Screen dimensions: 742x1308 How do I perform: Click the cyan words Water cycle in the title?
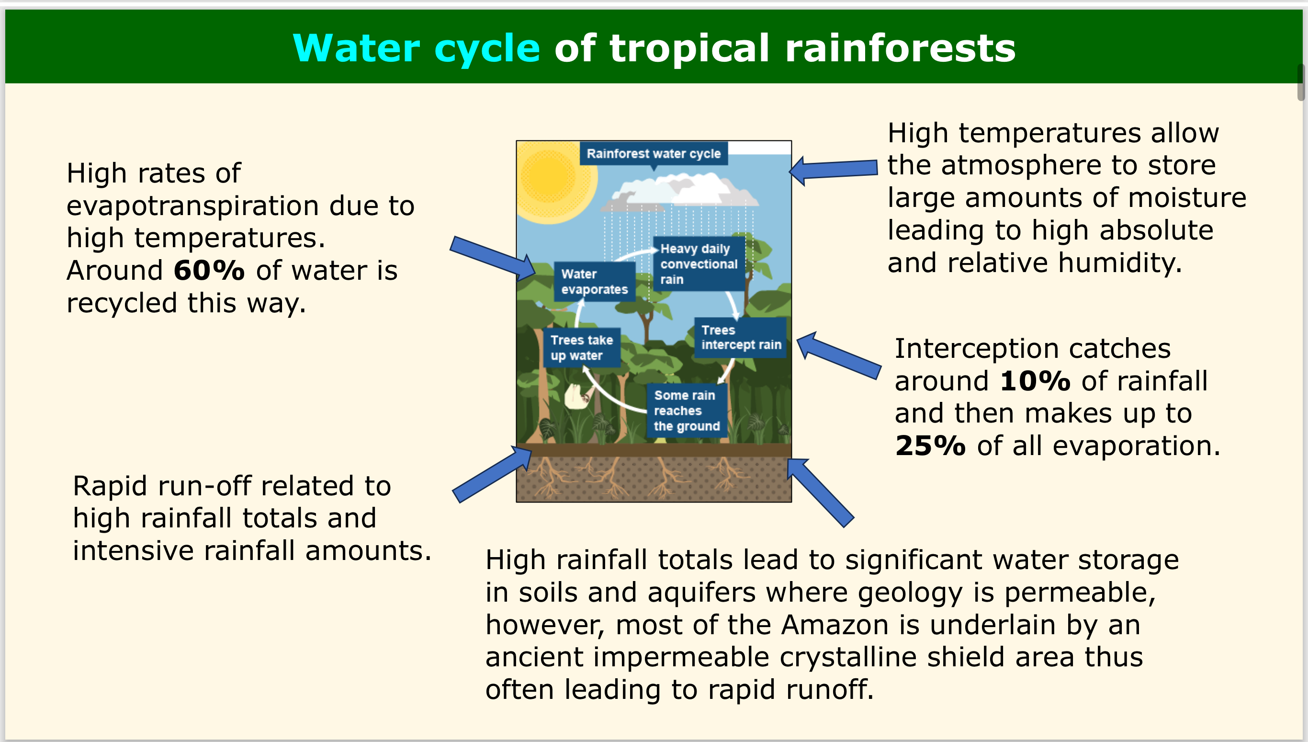pyautogui.click(x=416, y=48)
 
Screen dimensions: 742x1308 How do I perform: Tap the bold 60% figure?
pyautogui.click(x=209, y=270)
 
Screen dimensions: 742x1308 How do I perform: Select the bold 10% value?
pyautogui.click(x=1035, y=381)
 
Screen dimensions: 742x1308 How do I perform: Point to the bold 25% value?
pyautogui.click(x=930, y=446)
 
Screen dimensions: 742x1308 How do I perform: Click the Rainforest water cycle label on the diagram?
pyautogui.click(x=654, y=153)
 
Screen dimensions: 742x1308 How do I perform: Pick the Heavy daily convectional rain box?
pyautogui.click(x=699, y=264)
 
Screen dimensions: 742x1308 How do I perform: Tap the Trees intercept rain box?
pyautogui.click(x=741, y=337)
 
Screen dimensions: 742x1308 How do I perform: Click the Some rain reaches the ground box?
pyautogui.click(x=686, y=411)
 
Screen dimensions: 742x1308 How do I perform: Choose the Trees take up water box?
pyautogui.click(x=581, y=348)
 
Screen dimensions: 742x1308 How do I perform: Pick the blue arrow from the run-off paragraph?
pyautogui.click(x=492, y=474)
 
